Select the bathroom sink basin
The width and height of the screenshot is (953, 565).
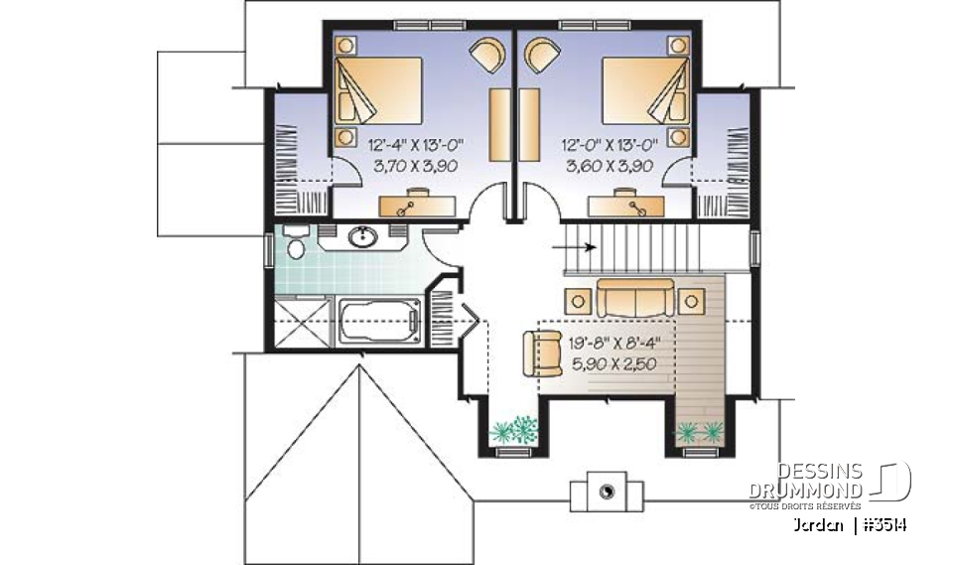363,237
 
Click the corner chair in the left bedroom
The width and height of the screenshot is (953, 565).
487,54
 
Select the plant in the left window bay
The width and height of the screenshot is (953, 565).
514,430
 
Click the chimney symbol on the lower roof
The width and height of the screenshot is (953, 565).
605,488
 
